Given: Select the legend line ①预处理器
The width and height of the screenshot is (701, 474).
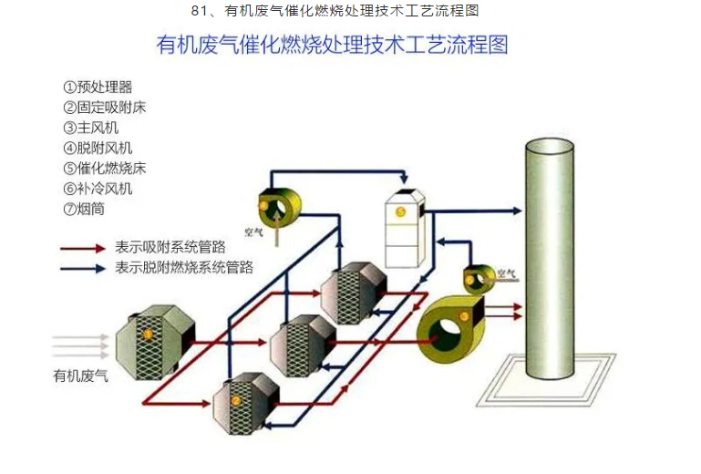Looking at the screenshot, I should point(98,87).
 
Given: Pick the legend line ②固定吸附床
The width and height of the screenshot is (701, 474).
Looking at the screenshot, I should point(104,108).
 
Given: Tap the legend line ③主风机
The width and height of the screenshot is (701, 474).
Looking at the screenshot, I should point(91,128).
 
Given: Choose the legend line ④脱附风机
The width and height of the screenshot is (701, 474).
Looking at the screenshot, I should point(98,148).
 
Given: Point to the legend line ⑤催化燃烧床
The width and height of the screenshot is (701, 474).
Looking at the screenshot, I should point(104,168).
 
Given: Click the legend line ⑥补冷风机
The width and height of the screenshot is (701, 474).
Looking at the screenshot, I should point(98,189).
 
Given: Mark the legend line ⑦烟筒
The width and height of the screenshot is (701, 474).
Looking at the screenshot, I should point(85,209).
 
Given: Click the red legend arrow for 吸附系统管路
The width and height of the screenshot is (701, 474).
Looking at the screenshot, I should point(82,247).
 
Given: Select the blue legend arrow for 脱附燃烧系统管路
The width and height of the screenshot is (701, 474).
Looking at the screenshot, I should point(82,268).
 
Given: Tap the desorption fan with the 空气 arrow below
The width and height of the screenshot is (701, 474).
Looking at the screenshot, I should point(271,209).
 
